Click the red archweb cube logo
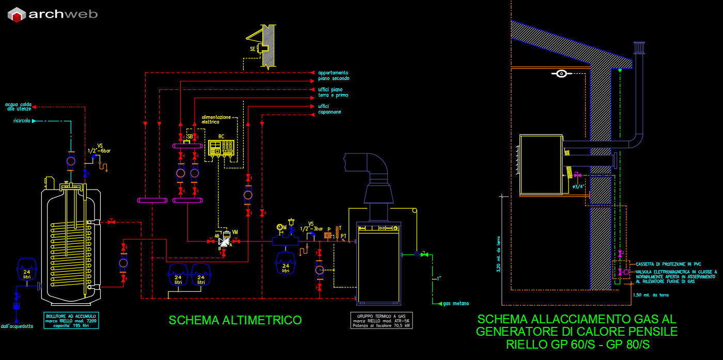17,14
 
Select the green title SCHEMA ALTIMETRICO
235,320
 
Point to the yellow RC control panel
221,148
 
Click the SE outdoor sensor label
253,49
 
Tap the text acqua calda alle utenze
19,107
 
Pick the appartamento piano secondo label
334,75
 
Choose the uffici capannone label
329,109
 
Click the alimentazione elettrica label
216,120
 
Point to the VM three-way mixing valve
225,241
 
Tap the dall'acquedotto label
17,326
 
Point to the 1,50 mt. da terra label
650,295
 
